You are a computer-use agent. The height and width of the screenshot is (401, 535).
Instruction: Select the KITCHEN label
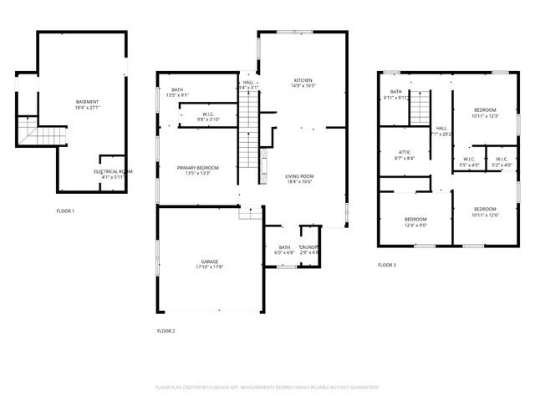coord(303,79)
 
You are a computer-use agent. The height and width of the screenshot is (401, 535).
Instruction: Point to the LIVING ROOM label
coord(298,176)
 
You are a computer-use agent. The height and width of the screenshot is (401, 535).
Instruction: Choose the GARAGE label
coord(210,261)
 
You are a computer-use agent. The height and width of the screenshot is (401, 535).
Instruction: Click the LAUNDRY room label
coord(309,247)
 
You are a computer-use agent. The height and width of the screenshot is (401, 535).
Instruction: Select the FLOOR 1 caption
coord(65,211)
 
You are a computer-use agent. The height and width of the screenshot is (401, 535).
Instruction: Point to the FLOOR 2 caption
coord(166,331)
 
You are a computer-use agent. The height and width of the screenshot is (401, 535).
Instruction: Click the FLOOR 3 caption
coord(386,265)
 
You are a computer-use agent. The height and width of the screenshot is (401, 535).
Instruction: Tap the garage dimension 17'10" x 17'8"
coord(210,267)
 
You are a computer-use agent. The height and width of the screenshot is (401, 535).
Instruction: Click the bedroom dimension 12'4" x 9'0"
coord(416,225)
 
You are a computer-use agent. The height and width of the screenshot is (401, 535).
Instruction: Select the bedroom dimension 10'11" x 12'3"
coord(486,116)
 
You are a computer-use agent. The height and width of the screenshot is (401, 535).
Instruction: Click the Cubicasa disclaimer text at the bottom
coord(267,388)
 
